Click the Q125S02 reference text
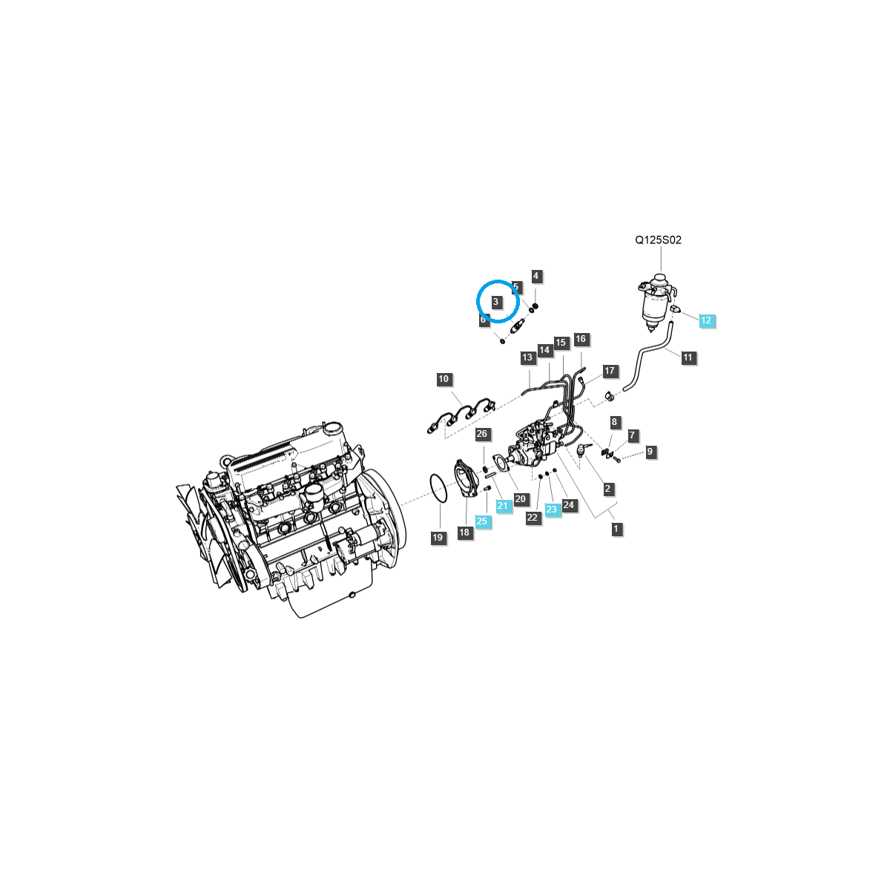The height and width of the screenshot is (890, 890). click(658, 240)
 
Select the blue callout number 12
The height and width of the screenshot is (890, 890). click(706, 320)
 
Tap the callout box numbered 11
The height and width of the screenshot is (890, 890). click(688, 357)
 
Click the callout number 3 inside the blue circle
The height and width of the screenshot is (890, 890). click(496, 302)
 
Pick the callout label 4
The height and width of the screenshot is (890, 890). click(536, 276)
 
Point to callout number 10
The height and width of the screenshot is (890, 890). click(444, 380)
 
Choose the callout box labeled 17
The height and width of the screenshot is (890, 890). click(610, 371)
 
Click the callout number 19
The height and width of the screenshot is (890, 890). click(438, 538)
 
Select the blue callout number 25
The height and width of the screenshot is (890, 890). click(482, 521)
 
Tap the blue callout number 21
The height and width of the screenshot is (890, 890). click(504, 506)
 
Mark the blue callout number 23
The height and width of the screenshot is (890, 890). click(551, 510)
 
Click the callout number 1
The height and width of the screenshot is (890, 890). click(616, 529)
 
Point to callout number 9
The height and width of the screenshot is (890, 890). click(650, 452)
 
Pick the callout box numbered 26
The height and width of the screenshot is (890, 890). click(482, 434)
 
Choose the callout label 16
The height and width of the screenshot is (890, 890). click(580, 339)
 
